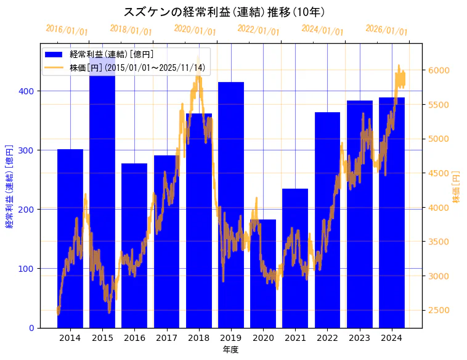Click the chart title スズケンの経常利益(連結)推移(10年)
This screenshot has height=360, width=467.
click(225, 12)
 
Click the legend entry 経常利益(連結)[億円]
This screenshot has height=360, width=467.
click(111, 55)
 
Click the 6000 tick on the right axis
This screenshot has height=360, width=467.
click(439, 70)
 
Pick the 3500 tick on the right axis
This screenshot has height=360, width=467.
click(439, 242)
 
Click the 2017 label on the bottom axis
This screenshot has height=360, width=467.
click(166, 338)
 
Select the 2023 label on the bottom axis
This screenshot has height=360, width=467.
click(359, 338)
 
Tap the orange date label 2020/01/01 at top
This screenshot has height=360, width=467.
click(195, 30)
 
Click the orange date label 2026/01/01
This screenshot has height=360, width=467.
click(386, 30)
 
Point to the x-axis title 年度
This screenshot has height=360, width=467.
click(230, 350)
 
